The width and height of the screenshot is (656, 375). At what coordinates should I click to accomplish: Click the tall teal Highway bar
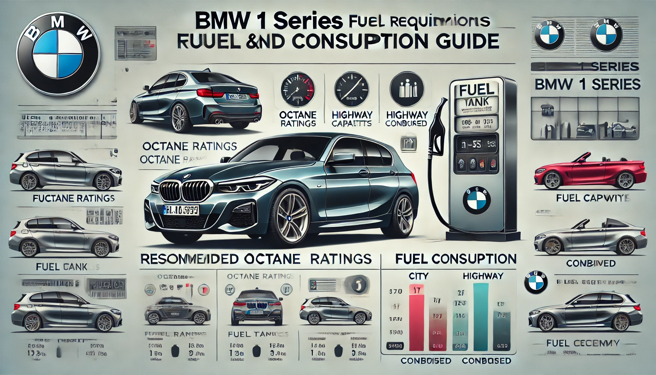(x=480, y=317)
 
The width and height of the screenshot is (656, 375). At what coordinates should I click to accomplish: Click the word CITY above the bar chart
(x=418, y=276)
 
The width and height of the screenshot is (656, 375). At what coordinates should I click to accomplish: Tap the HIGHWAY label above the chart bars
(x=482, y=276)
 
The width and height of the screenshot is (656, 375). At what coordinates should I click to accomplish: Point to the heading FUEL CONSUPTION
(x=456, y=259)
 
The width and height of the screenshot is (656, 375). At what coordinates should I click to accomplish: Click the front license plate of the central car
(x=181, y=210)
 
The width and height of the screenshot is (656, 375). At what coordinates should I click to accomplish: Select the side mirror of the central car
(x=343, y=158)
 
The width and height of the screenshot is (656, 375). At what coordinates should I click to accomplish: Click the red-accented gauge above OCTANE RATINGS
(x=298, y=90)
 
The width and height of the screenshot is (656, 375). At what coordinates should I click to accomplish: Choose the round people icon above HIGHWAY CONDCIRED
(x=407, y=90)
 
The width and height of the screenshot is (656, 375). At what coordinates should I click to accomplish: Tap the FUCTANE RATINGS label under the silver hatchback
(x=74, y=198)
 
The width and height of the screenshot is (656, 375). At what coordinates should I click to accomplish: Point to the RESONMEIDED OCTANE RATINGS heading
(x=256, y=259)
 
